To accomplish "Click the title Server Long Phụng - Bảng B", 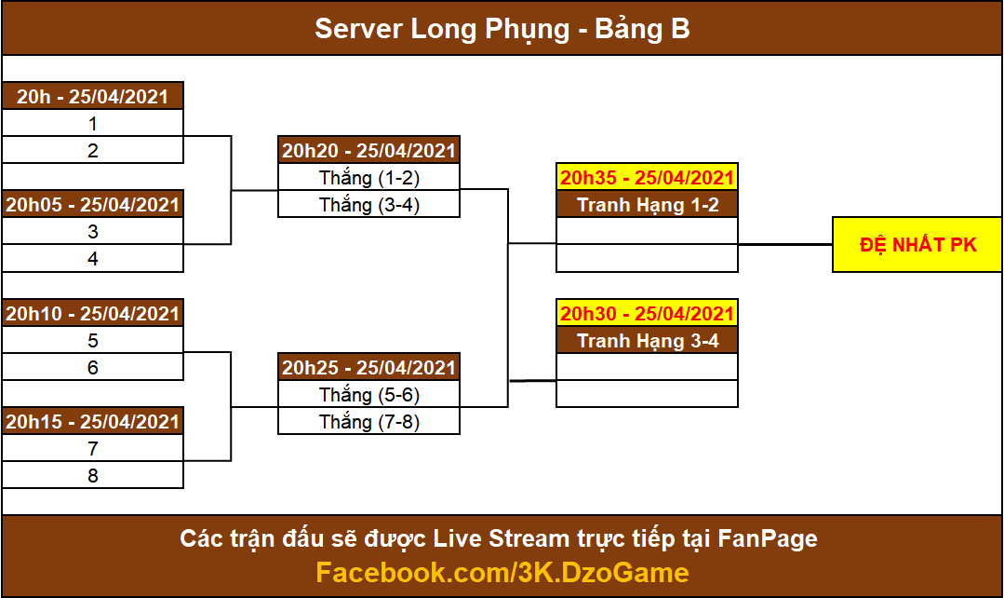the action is point(502,29).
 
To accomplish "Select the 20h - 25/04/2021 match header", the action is point(93,96).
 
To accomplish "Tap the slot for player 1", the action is point(93,123).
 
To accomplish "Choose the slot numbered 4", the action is point(93,258).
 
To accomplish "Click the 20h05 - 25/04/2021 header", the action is point(93,205).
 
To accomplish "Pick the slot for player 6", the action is point(93,367).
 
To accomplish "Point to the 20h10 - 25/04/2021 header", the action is point(93,313).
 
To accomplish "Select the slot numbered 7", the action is point(93,448).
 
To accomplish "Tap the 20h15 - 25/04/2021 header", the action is point(93,421).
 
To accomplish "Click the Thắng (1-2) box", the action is point(368,178).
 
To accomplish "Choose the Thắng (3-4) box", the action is point(368,205).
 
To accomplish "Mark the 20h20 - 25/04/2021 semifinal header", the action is point(368,150).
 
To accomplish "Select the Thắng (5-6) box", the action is point(368,394).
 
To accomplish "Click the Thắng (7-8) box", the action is point(368,421).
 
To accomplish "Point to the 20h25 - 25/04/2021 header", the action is point(368,367).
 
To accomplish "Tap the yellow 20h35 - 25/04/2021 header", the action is point(647,178).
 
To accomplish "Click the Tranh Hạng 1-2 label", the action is point(647,205).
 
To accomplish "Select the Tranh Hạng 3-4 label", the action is point(647,340).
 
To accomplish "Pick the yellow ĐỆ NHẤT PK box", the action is point(917,245).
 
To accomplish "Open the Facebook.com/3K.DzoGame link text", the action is point(502,572).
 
